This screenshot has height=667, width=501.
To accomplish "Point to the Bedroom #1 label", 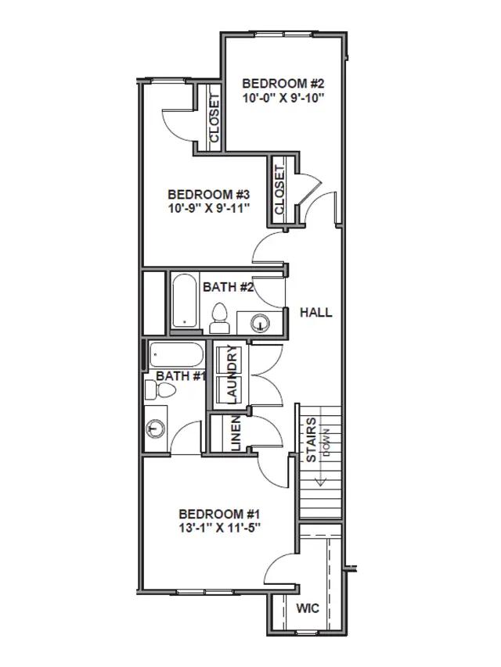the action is [x=219, y=514].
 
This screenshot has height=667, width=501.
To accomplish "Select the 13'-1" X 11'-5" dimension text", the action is [x=219, y=528].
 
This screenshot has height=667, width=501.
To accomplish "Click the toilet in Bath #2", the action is [x=220, y=318].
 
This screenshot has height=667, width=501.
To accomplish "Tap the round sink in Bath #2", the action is [x=260, y=323].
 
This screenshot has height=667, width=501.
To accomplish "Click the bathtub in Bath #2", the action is [x=185, y=300].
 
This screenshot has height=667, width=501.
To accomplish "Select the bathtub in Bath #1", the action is [x=176, y=355].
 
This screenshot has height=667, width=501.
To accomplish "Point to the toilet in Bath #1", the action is [x=160, y=389].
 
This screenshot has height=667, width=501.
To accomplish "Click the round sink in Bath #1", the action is [x=156, y=429].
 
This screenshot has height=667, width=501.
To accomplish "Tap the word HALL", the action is [x=315, y=313].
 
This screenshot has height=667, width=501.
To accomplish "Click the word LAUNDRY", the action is [x=232, y=374].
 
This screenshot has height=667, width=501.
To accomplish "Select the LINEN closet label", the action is [x=236, y=433].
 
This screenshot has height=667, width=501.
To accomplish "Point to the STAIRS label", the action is [x=312, y=440].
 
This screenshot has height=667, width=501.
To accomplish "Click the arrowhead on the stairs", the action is [x=320, y=482].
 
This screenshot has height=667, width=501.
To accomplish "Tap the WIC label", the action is [x=307, y=608].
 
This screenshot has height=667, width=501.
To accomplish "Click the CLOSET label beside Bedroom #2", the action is [x=214, y=119].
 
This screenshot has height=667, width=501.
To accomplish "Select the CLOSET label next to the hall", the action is [x=279, y=190].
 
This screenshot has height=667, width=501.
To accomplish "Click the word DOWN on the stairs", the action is [x=326, y=443].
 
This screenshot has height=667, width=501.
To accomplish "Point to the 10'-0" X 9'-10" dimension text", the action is [x=283, y=98].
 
